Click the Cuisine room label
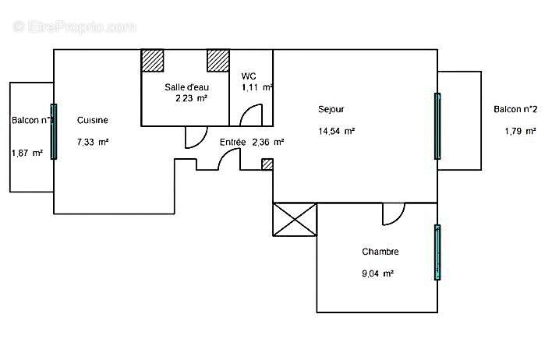92,121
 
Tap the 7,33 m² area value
92,143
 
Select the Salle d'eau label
186,86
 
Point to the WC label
249,76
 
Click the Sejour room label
331,109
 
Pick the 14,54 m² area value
337,132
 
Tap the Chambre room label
380,252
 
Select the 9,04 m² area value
377,274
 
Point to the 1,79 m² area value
520,132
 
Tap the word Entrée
232,143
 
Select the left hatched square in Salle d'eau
152,61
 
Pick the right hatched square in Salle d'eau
218,61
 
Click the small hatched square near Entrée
267,164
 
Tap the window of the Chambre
437,252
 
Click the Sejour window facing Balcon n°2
437,126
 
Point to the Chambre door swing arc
393,213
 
